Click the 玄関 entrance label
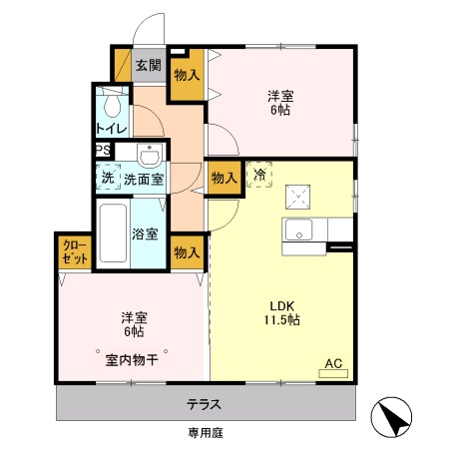tap(149, 66)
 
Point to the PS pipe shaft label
tap(102, 151)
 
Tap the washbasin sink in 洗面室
tap(150, 157)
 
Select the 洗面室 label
tap(144, 180)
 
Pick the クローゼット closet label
tap(75, 251)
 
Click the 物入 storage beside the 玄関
tap(187, 74)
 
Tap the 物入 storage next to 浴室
tap(186, 252)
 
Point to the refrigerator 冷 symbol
tap(259, 176)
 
